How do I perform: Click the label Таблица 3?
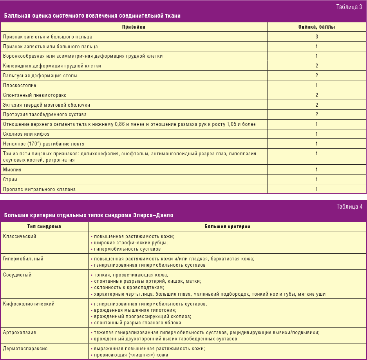coord(349,7)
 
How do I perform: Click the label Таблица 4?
coord(349,207)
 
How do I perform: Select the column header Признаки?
coord(134,27)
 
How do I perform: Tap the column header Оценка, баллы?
coord(316,27)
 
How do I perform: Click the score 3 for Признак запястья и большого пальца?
coord(316,36)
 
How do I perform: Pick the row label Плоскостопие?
coord(20,85)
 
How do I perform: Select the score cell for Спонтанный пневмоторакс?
coord(316,95)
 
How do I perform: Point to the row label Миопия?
coord(12,170)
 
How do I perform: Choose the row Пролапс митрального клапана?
coord(39,189)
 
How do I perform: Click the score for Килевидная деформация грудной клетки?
coord(316,66)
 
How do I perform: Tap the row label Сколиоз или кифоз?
coord(26,134)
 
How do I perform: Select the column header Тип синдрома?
coord(44,227)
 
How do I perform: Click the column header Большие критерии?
coord(227,227)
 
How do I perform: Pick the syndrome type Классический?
coord(20,237)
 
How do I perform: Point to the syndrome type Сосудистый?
coord(17,275)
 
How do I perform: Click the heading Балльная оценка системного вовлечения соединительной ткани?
coord(92,16)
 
